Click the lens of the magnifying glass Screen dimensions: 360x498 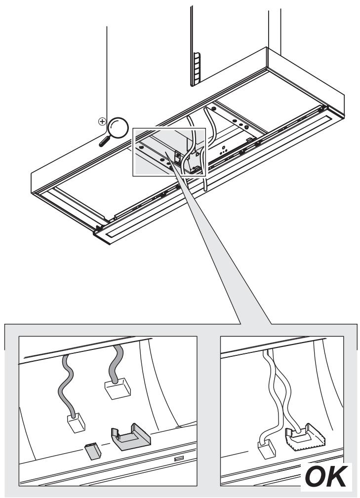(x=118, y=128)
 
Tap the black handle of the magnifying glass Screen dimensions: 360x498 (x=105, y=141)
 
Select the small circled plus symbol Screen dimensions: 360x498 (x=102, y=121)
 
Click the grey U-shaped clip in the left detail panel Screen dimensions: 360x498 (x=130, y=437)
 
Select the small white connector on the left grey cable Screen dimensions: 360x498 (x=76, y=423)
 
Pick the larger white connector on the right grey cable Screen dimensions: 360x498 (x=118, y=388)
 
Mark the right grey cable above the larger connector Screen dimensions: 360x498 (x=116, y=363)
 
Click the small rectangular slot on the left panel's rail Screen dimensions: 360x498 (x=179, y=459)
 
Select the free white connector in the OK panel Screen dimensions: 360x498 (x=267, y=449)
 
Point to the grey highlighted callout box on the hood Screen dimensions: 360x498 (x=169, y=152)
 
